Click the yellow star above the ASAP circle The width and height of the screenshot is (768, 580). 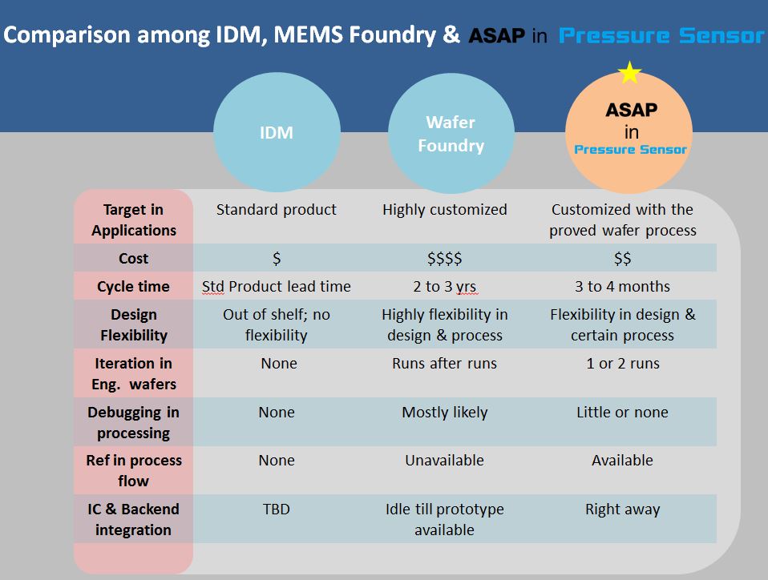(629, 72)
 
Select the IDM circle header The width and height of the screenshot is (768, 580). (277, 132)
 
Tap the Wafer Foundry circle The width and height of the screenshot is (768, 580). (451, 133)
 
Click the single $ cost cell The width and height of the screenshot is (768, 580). (277, 258)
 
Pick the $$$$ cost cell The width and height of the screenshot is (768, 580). (445, 258)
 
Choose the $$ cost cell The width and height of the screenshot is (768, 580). (623, 258)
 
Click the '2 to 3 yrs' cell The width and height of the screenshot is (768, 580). (445, 286)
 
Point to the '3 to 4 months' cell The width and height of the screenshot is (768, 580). (623, 286)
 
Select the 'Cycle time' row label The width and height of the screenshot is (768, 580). (133, 286)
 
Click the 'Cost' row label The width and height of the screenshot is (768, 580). (133, 258)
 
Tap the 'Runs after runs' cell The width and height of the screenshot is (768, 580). (445, 363)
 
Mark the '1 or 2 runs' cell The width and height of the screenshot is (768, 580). (623, 363)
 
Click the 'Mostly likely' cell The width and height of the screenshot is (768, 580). (445, 412)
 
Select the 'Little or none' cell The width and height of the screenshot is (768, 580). (623, 412)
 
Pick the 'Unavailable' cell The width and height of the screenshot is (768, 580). (445, 460)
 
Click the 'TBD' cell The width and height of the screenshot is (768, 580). (277, 509)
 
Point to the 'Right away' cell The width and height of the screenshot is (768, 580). (623, 510)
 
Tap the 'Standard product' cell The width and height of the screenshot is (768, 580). (277, 209)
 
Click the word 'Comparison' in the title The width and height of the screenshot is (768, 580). (67, 35)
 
